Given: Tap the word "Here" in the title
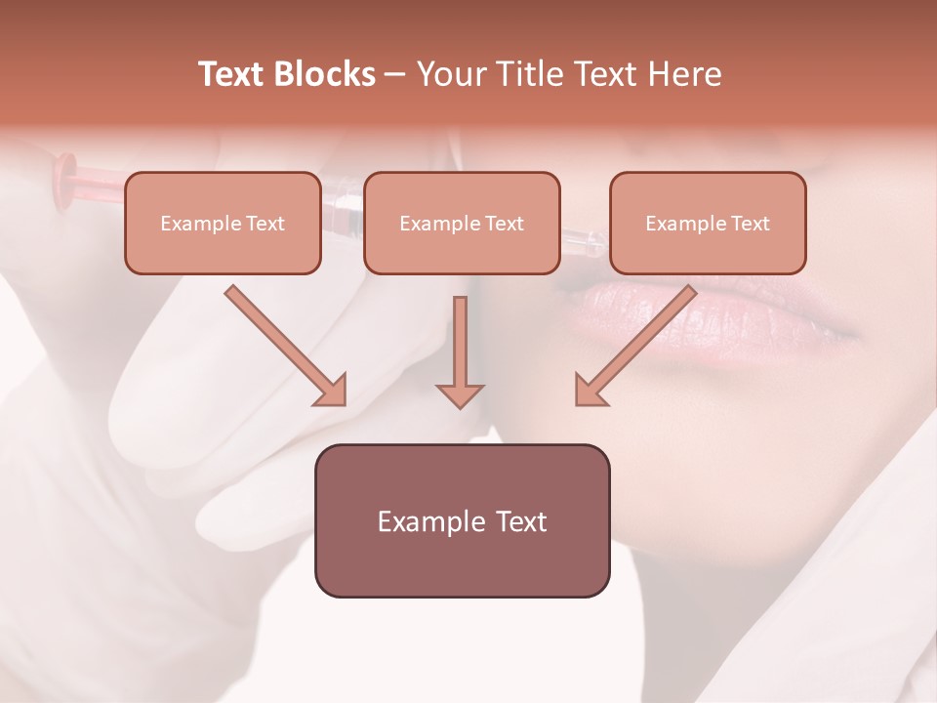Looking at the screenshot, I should click(x=683, y=74).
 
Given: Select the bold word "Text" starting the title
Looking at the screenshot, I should click(x=232, y=74).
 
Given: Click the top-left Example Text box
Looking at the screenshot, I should click(x=223, y=223).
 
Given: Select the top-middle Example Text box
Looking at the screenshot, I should click(x=462, y=223).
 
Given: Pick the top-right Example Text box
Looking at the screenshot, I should click(x=708, y=223).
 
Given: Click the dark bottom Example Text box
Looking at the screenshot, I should click(x=462, y=520).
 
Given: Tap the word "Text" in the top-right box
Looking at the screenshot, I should click(x=751, y=224).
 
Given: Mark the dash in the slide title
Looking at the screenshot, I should click(x=396, y=75).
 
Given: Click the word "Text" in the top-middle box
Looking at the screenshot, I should click(x=505, y=224).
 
